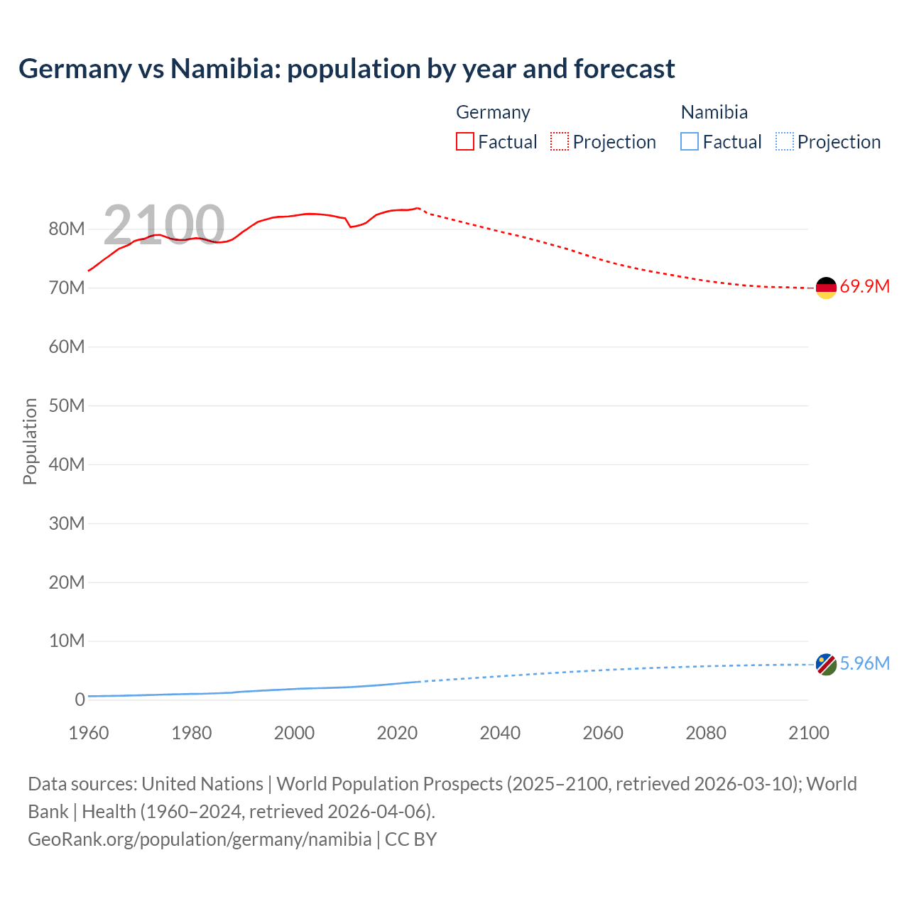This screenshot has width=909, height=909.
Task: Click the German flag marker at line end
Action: pos(826,288)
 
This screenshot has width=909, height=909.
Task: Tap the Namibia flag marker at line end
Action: pos(826,665)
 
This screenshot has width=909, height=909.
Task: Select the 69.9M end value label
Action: pos(864,287)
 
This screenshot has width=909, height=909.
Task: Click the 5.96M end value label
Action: pos(864,663)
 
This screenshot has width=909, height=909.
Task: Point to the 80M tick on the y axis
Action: pos(67,229)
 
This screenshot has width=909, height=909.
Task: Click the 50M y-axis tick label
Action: pos(67,405)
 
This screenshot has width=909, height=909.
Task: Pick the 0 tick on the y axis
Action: pos(80,700)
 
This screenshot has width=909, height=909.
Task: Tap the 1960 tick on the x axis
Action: pos(89,733)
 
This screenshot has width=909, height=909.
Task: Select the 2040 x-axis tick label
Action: pos(500,733)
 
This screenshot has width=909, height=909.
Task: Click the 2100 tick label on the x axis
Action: pos(808,733)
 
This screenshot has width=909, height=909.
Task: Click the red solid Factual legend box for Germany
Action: pos(465,142)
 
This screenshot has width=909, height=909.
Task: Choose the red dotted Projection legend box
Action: pos(560,142)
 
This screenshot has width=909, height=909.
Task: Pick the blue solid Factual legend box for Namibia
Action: pos(690,142)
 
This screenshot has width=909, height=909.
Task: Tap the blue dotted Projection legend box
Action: pos(785,142)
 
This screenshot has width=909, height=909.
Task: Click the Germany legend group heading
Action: pos(493,112)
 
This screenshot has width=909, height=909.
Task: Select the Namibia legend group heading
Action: pos(714,112)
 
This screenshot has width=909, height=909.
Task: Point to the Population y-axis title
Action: pos(30,441)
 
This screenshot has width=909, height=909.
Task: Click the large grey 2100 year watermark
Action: pos(164,224)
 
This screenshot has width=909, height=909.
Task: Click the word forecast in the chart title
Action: pos(624,69)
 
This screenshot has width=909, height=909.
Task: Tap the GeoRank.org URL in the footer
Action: pos(200,839)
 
